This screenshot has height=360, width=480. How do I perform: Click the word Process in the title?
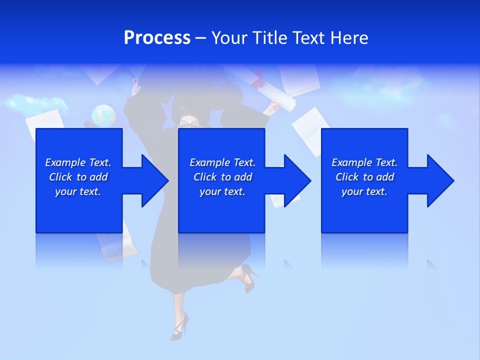[x=157, y=38]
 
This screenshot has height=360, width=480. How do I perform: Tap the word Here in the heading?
[x=349, y=38]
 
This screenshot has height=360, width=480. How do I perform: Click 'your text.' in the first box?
[x=78, y=191]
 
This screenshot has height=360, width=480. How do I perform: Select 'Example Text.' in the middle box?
[x=222, y=162]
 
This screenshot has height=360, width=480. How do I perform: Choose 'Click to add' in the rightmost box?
[x=364, y=177]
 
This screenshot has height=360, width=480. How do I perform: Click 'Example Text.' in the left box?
[x=78, y=162]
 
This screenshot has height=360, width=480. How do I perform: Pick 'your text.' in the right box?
[x=364, y=191]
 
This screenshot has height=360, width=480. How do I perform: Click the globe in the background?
[x=103, y=115]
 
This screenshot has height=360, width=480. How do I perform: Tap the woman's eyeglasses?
[x=189, y=124]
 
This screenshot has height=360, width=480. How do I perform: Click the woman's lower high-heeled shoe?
[x=179, y=327]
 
